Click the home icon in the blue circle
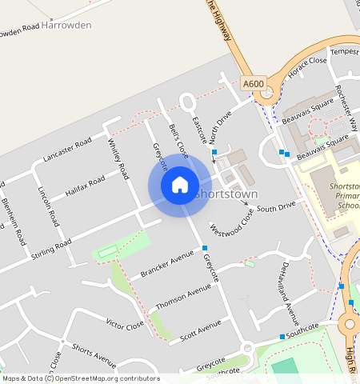pyautogui.click(x=180, y=185)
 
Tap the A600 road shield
pyautogui.click(x=253, y=83)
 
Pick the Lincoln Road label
pyautogui.click(x=48, y=206)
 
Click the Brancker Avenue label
pyautogui.click(x=168, y=262)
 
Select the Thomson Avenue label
pyautogui.click(x=184, y=295)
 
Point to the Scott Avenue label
pyautogui.click(x=200, y=328)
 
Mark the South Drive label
pyautogui.click(x=276, y=206)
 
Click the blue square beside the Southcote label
pyautogui.click(x=282, y=336)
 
